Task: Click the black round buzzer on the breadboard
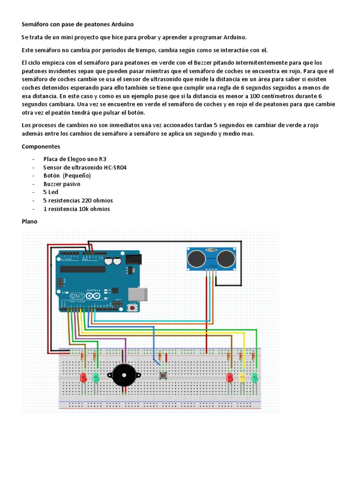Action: point(124,375)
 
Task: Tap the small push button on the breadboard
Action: point(164,375)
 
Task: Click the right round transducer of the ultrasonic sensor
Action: point(226,257)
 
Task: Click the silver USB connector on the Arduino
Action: point(140,293)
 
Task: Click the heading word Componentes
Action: point(41,147)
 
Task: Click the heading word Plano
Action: point(30,221)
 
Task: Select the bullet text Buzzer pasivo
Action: point(61,184)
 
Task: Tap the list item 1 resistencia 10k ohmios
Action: point(76,209)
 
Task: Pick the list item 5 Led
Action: point(51,192)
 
